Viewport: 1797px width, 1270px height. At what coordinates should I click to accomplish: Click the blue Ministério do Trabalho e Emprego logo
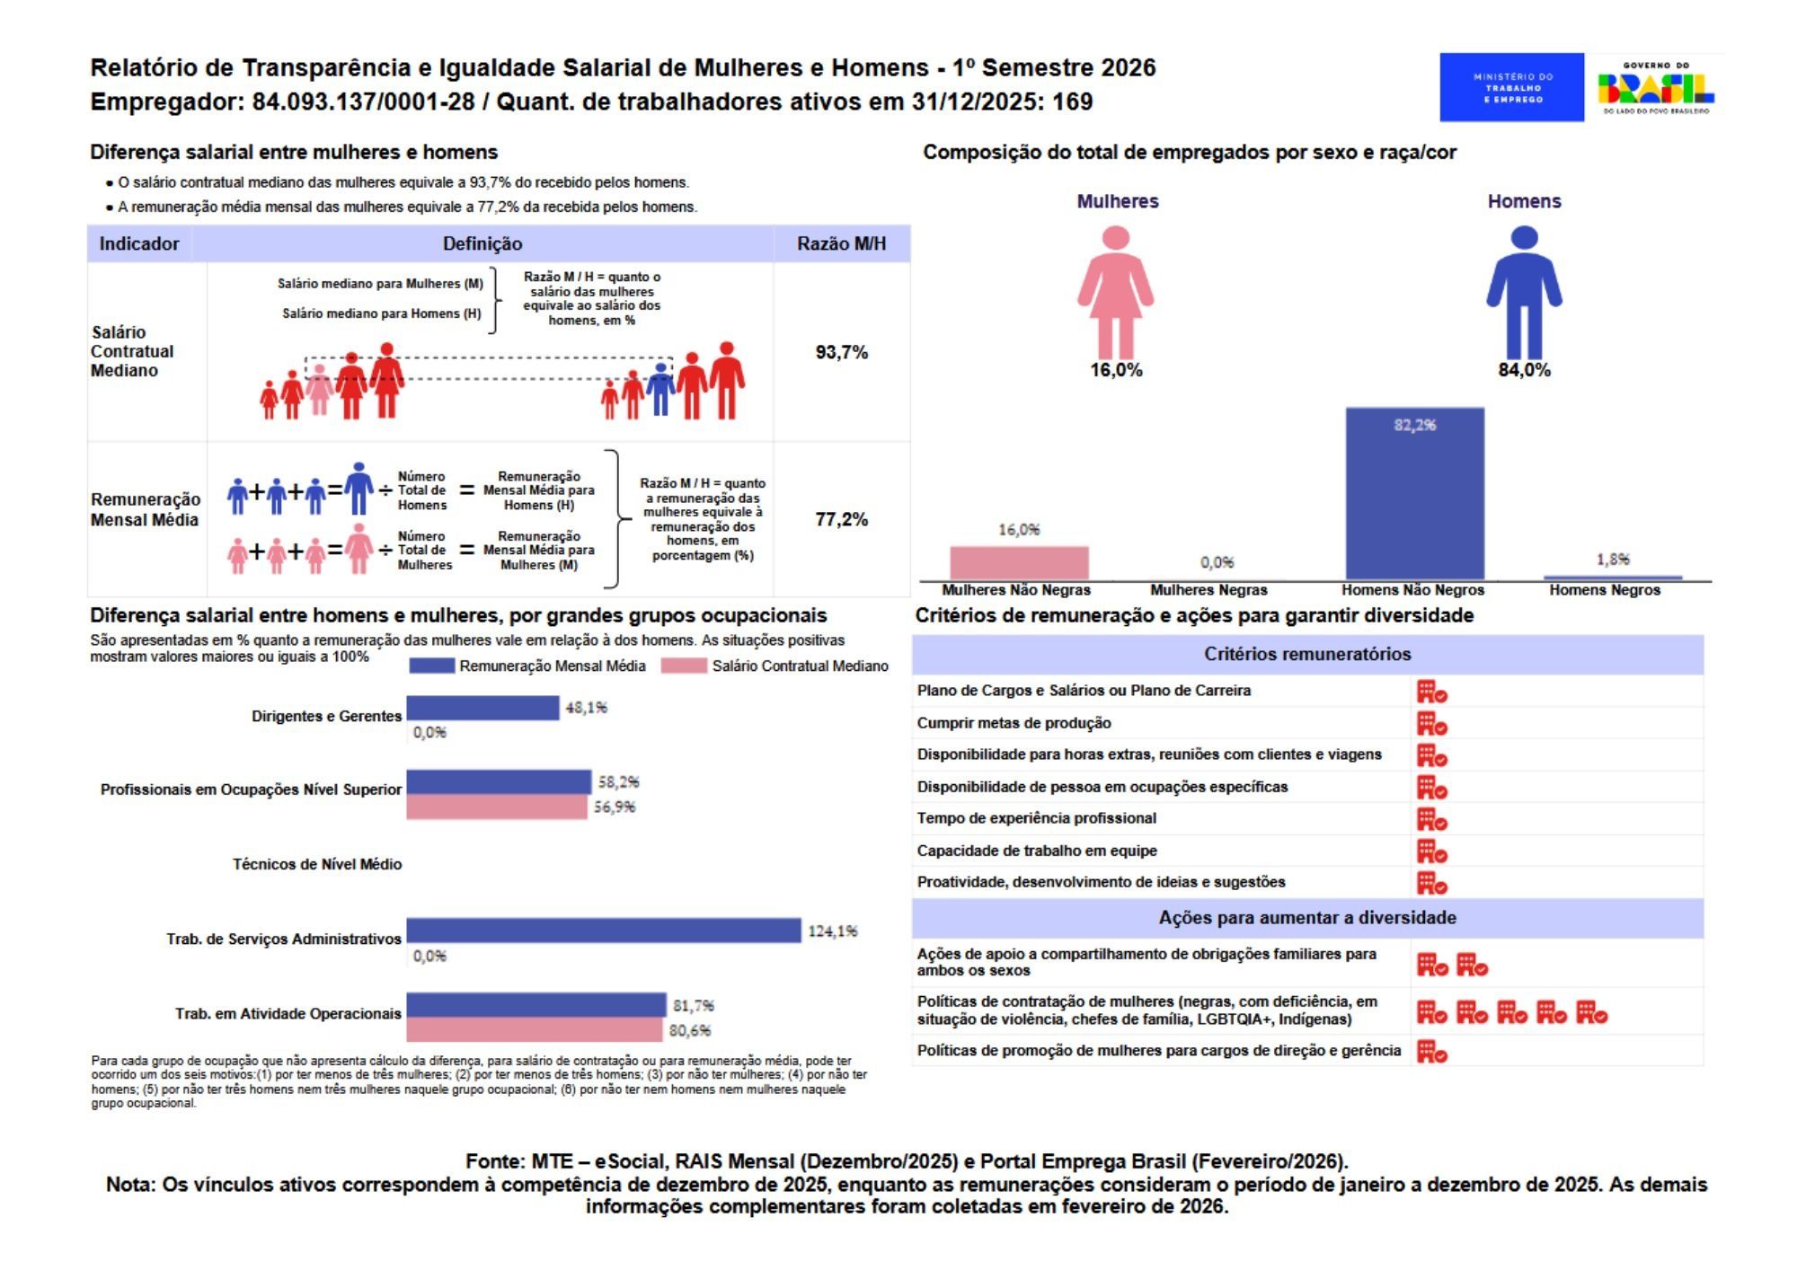[x=1511, y=87]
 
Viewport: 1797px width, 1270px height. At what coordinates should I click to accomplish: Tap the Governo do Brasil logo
[x=1655, y=87]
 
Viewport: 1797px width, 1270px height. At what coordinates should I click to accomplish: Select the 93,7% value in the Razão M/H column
[x=841, y=352]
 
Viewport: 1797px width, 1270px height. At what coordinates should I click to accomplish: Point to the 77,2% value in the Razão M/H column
[x=841, y=519]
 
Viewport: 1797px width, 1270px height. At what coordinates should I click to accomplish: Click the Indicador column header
[x=139, y=243]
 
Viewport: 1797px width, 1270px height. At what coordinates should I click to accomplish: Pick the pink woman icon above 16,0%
[x=1116, y=292]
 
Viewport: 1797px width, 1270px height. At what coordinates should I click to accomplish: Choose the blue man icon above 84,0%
[x=1524, y=292]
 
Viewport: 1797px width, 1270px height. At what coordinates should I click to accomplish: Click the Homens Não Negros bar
[x=1414, y=494]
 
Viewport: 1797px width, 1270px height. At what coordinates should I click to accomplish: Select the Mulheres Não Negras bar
[x=1019, y=563]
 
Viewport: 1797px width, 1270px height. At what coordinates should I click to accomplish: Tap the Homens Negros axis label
[x=1604, y=590]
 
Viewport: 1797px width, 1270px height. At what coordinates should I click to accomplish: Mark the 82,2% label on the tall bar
[x=1414, y=425]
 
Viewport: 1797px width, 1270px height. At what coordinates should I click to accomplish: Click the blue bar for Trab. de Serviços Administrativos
[x=603, y=930]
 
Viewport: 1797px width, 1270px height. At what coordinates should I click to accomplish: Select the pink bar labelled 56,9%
[x=497, y=807]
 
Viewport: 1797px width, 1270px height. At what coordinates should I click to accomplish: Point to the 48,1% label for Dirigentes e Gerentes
[x=586, y=708]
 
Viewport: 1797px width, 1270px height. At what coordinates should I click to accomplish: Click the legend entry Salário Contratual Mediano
[x=800, y=666]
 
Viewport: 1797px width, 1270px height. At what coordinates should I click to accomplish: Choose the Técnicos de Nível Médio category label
[x=317, y=864]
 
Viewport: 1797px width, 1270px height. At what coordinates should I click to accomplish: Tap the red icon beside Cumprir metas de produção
[x=1431, y=724]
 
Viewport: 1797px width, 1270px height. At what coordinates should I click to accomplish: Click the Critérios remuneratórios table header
[x=1307, y=654]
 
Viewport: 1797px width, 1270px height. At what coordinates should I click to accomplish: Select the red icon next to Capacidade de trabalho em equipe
[x=1431, y=851]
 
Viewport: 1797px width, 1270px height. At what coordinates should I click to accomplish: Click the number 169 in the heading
[x=1072, y=101]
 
